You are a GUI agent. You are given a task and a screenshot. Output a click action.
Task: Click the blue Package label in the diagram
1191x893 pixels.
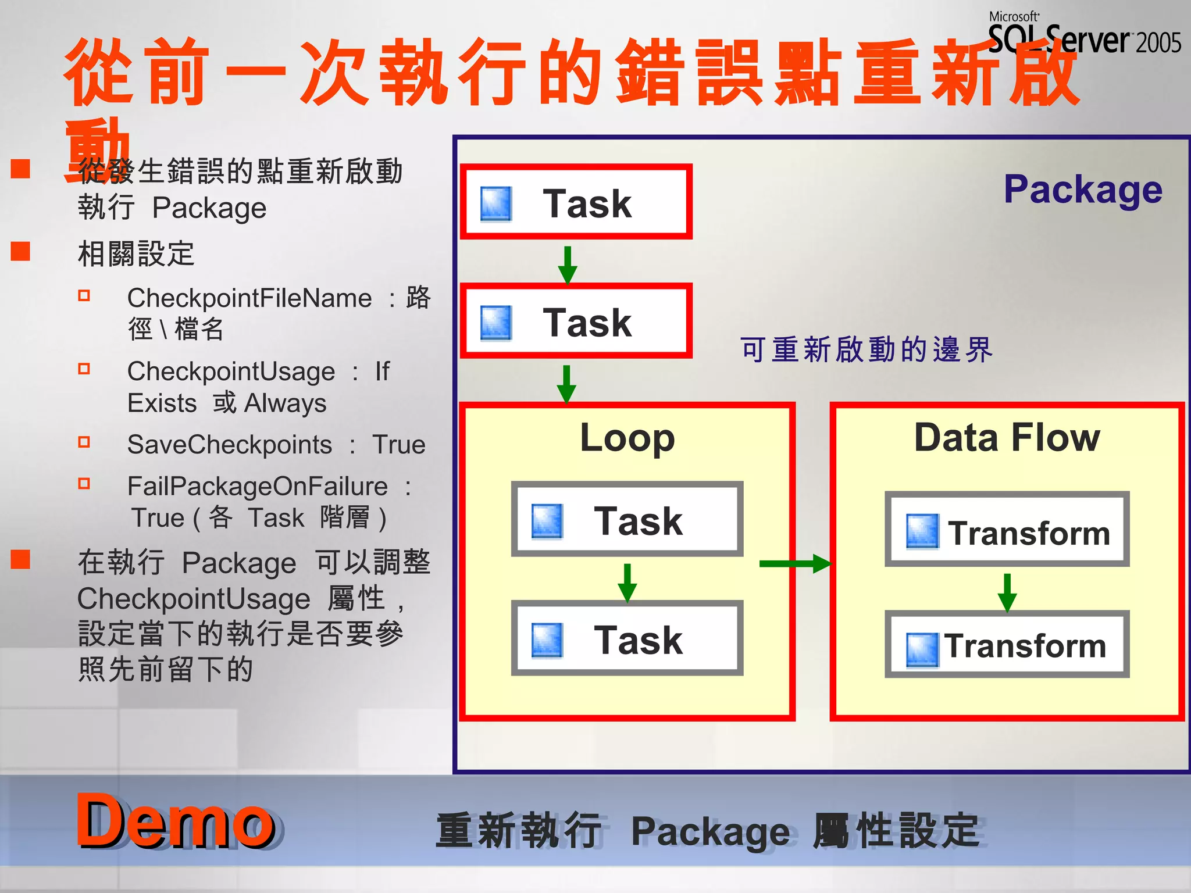click(1083, 190)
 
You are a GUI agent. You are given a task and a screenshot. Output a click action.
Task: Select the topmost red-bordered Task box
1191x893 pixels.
click(576, 202)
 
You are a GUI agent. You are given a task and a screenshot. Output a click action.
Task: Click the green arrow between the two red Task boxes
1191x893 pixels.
click(568, 265)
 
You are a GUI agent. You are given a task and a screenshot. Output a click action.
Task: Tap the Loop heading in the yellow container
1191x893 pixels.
click(627, 438)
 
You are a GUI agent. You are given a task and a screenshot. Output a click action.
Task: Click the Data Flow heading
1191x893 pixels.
click(1007, 437)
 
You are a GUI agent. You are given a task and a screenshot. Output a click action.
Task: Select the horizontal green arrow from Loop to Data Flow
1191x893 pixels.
click(794, 563)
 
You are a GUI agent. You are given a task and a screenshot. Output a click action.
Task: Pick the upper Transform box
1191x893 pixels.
click(1007, 530)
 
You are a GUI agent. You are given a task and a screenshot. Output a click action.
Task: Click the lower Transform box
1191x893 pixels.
click(1007, 644)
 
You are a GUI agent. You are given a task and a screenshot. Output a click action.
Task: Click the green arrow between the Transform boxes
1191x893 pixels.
click(1007, 592)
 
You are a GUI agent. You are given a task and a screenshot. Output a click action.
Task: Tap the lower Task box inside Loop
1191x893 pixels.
click(627, 638)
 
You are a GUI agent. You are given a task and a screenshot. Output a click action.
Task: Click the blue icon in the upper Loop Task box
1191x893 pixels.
click(547, 520)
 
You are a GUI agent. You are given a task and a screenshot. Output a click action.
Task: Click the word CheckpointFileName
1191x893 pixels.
click(249, 298)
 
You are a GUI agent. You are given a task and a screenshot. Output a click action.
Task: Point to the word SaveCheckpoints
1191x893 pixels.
click(230, 445)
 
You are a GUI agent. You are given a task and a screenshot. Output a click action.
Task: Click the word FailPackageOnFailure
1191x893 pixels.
click(258, 486)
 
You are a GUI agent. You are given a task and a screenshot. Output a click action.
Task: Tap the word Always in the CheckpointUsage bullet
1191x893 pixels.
click(286, 403)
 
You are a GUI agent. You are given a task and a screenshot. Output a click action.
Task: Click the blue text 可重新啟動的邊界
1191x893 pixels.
click(866, 350)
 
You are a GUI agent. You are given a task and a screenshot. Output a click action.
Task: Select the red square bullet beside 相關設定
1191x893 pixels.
click(21, 251)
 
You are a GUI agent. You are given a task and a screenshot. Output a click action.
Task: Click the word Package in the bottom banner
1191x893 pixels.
click(711, 831)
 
